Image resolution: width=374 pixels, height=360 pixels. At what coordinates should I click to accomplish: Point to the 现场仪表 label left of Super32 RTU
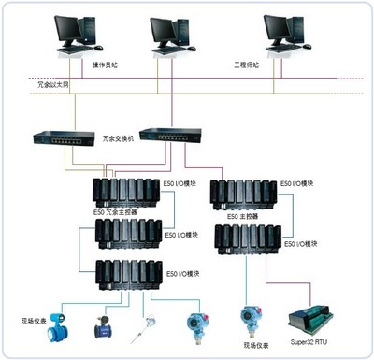(259, 345)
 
